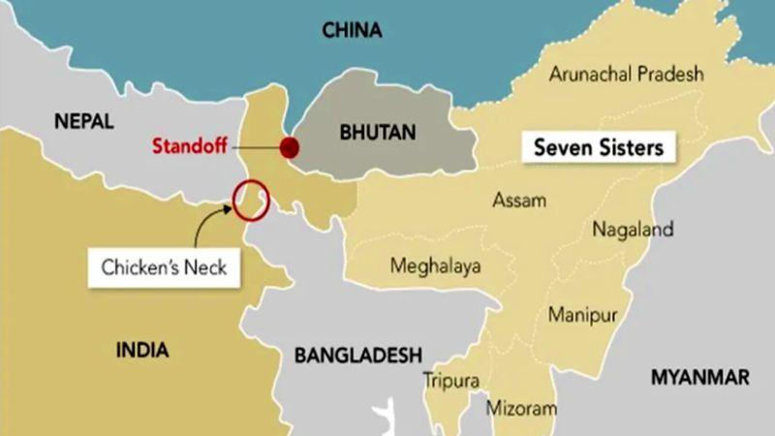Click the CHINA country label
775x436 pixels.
[x=352, y=31]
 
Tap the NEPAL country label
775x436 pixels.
[x=84, y=122]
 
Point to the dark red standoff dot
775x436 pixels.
[x=290, y=147]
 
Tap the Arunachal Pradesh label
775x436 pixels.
[x=626, y=75]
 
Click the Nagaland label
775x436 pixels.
[x=632, y=231]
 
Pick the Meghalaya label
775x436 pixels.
[x=436, y=266]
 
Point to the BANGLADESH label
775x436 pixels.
[x=358, y=354]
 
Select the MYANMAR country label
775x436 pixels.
[x=700, y=376]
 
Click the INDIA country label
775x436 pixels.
[x=142, y=350]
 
